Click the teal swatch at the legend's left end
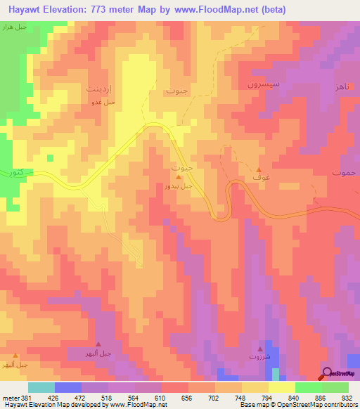coord(41,387)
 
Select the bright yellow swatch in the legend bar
coord(281,387)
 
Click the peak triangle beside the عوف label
coord(259,169)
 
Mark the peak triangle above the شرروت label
coord(260,348)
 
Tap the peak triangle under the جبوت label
coord(179,177)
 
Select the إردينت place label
coord(98,89)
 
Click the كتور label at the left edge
coord(13,172)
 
